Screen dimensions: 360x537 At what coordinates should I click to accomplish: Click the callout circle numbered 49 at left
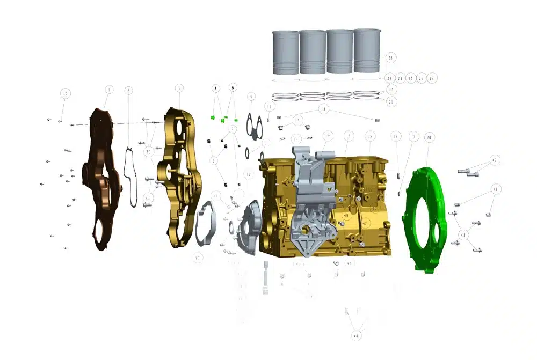pyautogui.click(x=65, y=94)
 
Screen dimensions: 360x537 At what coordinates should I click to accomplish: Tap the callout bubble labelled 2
pyautogui.click(x=128, y=91)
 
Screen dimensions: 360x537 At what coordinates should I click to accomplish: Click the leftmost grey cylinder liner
pyautogui.click(x=286, y=52)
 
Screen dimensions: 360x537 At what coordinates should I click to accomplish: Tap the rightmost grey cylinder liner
pyautogui.click(x=367, y=52)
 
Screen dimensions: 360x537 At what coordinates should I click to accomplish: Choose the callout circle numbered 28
pyautogui.click(x=390, y=57)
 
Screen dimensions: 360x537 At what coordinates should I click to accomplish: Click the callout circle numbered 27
pyautogui.click(x=432, y=78)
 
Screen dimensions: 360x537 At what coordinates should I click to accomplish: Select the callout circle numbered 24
pyautogui.click(x=400, y=78)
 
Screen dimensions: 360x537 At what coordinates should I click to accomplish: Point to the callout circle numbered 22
pyautogui.click(x=391, y=90)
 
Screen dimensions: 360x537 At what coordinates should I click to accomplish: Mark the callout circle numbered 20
pyautogui.click(x=429, y=138)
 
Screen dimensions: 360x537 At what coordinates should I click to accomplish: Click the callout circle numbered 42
pyautogui.click(x=495, y=160)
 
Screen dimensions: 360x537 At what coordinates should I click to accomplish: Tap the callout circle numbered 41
pyautogui.click(x=496, y=189)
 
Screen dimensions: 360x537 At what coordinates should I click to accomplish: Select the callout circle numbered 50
pyautogui.click(x=148, y=152)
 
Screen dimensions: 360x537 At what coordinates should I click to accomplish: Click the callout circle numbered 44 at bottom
pyautogui.click(x=355, y=335)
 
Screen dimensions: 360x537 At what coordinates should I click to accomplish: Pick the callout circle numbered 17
pyautogui.click(x=412, y=137)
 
